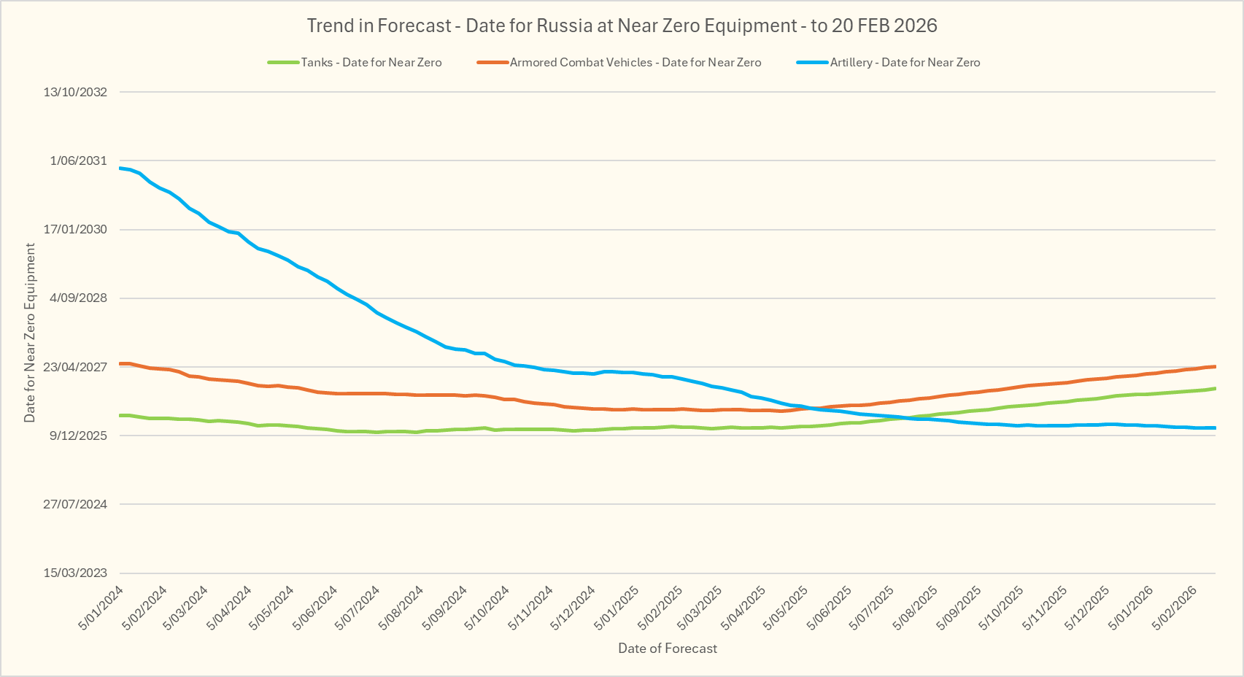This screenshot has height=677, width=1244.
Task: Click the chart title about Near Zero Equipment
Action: tap(622, 26)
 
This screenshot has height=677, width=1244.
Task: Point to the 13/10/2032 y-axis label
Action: tap(75, 92)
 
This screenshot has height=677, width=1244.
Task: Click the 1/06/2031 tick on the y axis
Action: tap(78, 160)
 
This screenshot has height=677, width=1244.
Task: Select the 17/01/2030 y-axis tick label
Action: tap(75, 229)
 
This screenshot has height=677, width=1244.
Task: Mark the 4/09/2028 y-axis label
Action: tap(78, 298)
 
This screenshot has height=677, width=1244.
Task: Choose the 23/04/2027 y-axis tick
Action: tap(75, 367)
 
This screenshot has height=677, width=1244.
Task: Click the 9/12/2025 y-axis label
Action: tap(78, 436)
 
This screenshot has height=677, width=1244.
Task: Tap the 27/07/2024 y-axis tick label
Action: tap(75, 504)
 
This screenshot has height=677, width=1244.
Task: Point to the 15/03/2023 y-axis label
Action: tap(75, 573)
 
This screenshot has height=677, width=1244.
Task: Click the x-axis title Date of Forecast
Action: tap(668, 649)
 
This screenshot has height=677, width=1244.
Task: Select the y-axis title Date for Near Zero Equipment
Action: tap(30, 333)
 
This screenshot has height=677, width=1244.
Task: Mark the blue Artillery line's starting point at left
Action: tap(120, 169)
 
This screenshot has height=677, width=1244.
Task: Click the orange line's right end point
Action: tap(1215, 366)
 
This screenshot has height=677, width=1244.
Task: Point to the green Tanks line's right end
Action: tap(1215, 388)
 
